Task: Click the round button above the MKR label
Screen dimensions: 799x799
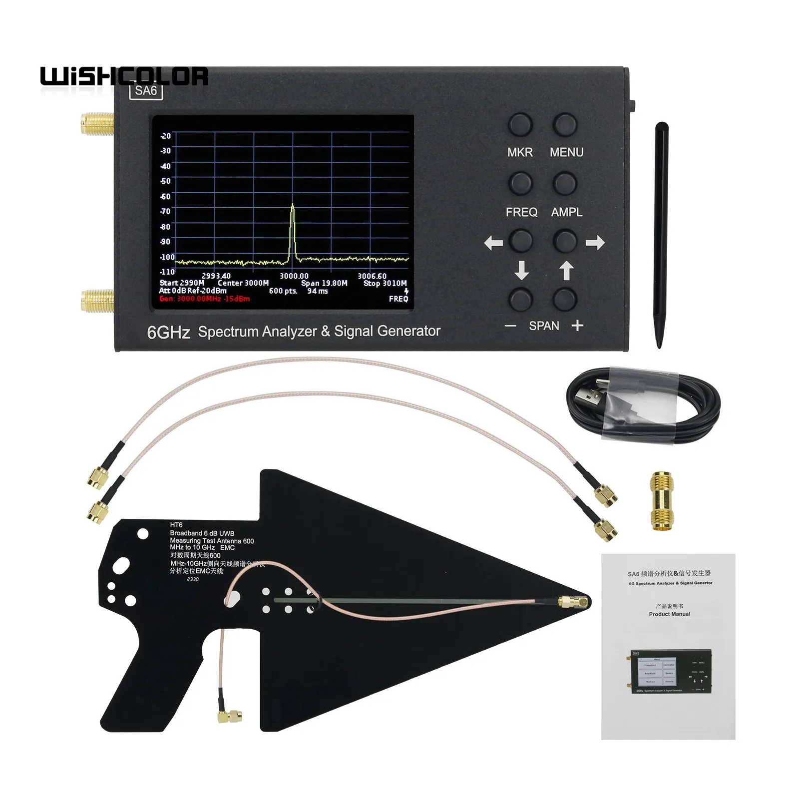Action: (x=520, y=125)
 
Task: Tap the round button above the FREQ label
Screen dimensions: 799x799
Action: (x=520, y=183)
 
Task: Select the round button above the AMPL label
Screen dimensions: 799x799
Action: (x=565, y=183)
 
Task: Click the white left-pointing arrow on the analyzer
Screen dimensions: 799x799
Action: (x=493, y=243)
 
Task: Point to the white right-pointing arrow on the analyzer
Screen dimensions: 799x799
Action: (x=595, y=243)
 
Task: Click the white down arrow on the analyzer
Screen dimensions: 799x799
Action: (x=521, y=270)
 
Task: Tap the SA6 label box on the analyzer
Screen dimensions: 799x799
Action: (x=146, y=91)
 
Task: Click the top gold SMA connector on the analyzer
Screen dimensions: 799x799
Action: (x=97, y=123)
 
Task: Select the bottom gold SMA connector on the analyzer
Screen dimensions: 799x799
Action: (x=97, y=300)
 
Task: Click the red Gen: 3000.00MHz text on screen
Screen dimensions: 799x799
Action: (x=204, y=299)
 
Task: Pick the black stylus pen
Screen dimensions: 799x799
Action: (x=661, y=235)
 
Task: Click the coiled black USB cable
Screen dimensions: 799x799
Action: (x=644, y=404)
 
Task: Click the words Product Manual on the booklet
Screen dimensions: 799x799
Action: (x=669, y=614)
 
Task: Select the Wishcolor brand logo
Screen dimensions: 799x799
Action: (x=124, y=76)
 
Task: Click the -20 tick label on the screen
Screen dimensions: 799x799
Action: (x=165, y=136)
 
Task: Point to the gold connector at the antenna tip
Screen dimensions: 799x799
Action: (x=574, y=602)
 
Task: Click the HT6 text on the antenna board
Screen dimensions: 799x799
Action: (x=176, y=525)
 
